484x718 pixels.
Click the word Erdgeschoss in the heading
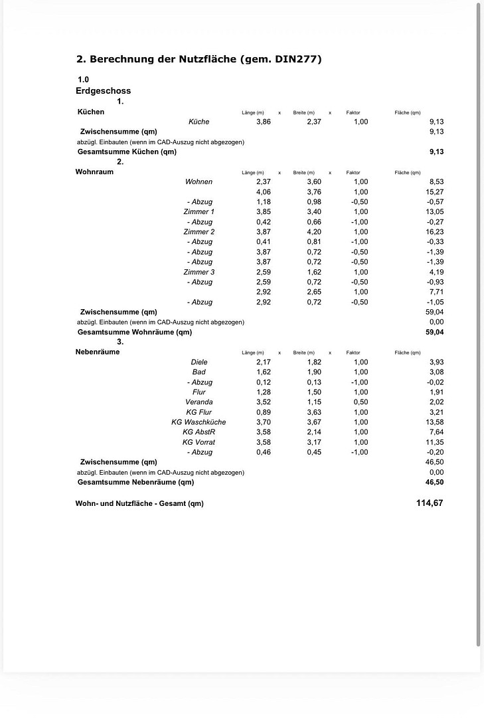click(103, 91)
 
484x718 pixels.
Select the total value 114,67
click(430, 503)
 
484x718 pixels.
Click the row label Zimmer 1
click(199, 212)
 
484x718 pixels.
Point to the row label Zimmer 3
click(199, 272)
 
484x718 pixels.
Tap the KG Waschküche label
click(199, 422)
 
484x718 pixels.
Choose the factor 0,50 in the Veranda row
click(361, 402)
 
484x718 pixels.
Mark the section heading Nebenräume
click(98, 352)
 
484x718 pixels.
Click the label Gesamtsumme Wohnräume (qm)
click(135, 332)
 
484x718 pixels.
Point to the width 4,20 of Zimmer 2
click(314, 232)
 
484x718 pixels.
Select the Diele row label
click(199, 362)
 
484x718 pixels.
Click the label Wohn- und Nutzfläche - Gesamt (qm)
click(139, 503)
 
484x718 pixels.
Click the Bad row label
click(199, 372)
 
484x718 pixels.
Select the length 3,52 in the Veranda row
click(264, 402)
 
